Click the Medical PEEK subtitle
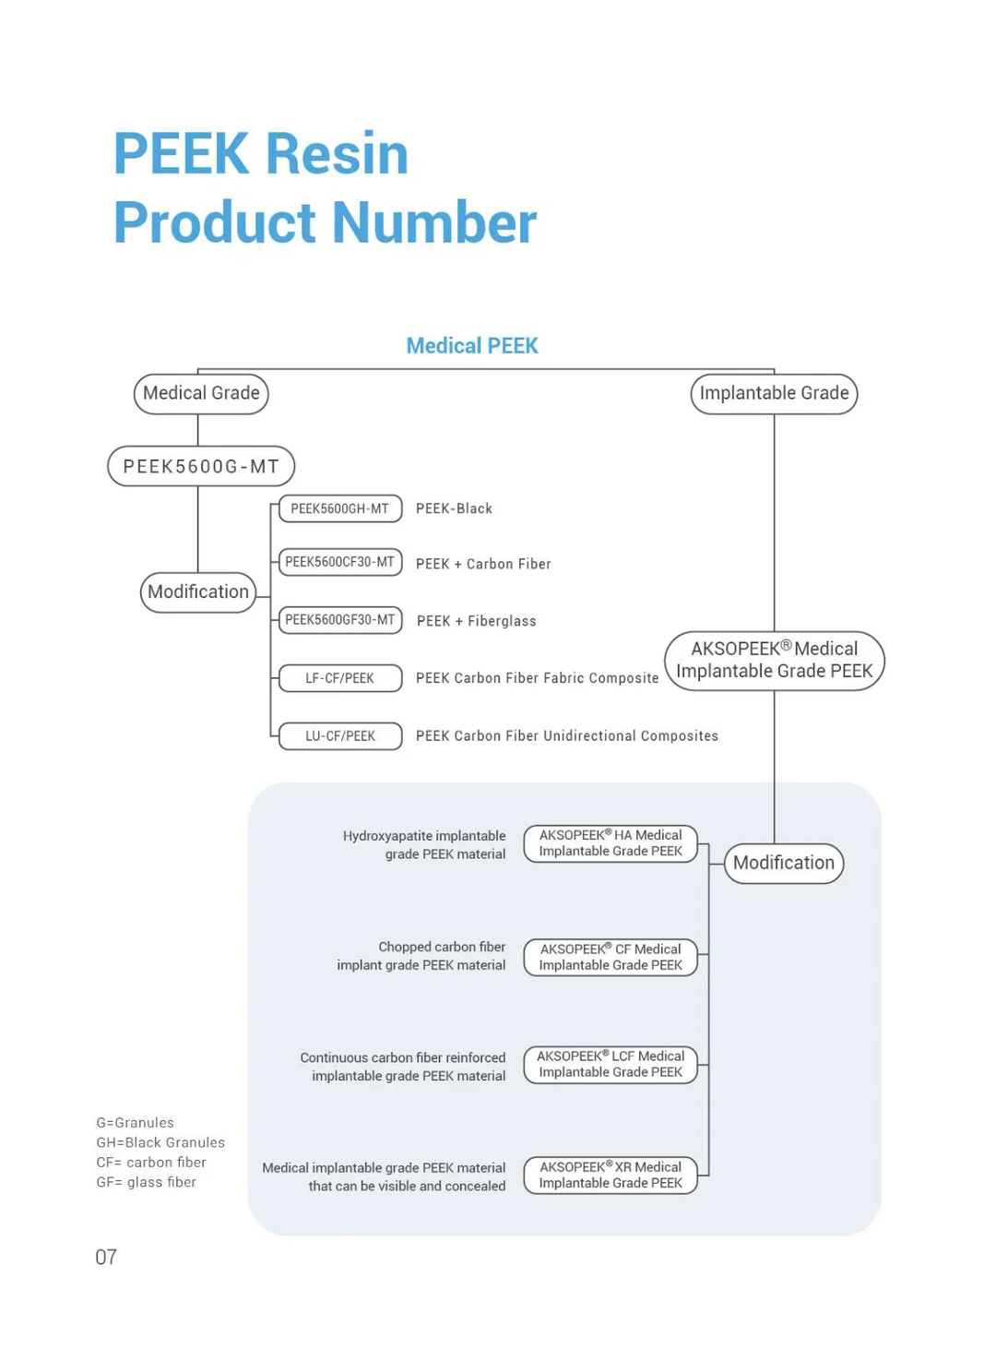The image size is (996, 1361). pos(471,346)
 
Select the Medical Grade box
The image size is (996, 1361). pos(201,394)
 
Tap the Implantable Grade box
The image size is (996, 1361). pos(774,394)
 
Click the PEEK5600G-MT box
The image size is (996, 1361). pos(201,466)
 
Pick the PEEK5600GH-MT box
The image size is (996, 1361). pos(339,508)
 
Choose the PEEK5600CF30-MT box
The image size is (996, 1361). pos(339,562)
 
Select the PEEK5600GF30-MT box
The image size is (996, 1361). pos(339,620)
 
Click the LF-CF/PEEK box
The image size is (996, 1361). pos(339,678)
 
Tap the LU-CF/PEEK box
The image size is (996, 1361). pos(339,736)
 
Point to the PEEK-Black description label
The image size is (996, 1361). pos(454,508)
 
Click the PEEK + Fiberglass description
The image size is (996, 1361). pos(476,621)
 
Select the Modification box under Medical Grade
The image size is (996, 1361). pos(198,592)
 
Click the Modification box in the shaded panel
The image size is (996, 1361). pos(783,863)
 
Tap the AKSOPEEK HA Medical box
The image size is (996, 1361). pos(611,843)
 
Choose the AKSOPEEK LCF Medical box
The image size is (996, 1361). pos(611,1064)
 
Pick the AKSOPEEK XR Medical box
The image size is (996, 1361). pos(611,1175)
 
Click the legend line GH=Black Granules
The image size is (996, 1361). pos(160,1142)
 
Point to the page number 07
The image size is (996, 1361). pos(106,1257)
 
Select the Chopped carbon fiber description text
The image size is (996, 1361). pos(421,956)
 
